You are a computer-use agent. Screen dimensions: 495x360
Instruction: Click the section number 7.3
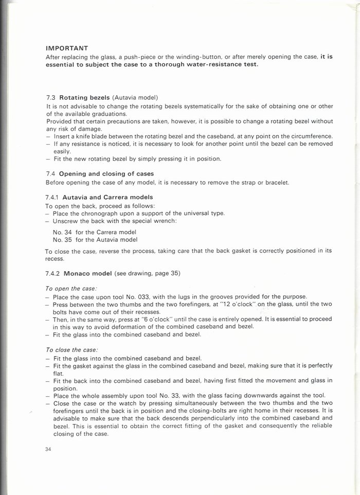50,97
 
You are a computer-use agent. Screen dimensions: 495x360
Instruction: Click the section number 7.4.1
53,198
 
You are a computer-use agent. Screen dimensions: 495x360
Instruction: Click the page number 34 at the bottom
49,449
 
